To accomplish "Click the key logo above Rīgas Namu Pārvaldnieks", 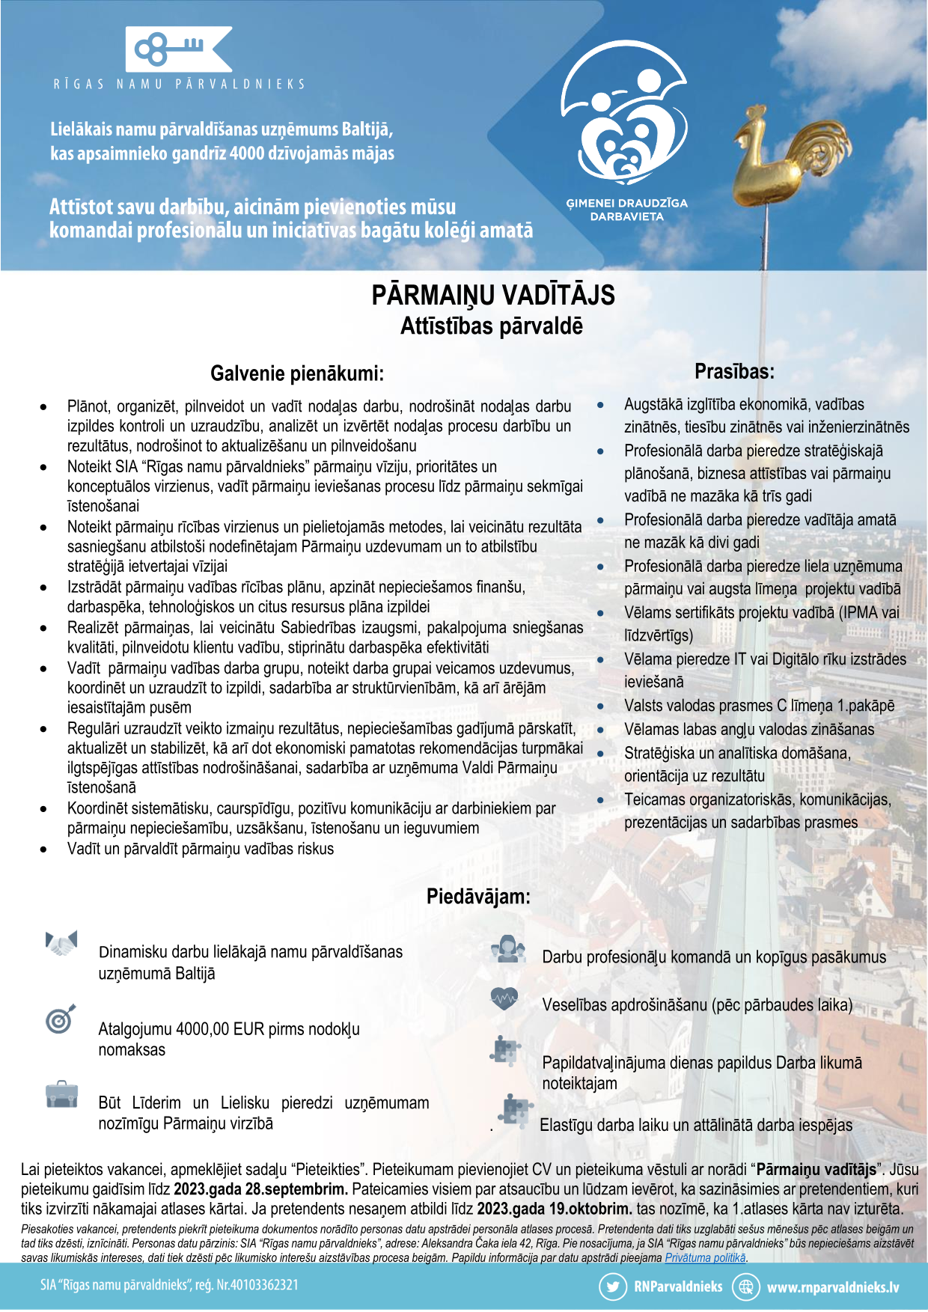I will pos(178,49).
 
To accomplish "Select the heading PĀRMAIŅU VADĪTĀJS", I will pos(493,295).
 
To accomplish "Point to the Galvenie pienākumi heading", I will pos(296,373).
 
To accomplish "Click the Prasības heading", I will pos(734,371).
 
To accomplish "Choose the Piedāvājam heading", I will pos(478,897).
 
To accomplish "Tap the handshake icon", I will pos(61,943).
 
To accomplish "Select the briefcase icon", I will pos(61,1094).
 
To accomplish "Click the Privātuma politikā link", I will pos(705,1258).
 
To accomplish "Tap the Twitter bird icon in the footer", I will pos(613,1287).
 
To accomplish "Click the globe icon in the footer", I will pos(745,1287).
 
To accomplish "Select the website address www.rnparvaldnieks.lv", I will pos(833,1287).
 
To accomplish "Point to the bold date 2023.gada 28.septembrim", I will pos(260,1189).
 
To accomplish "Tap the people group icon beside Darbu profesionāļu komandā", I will pos(509,950).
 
